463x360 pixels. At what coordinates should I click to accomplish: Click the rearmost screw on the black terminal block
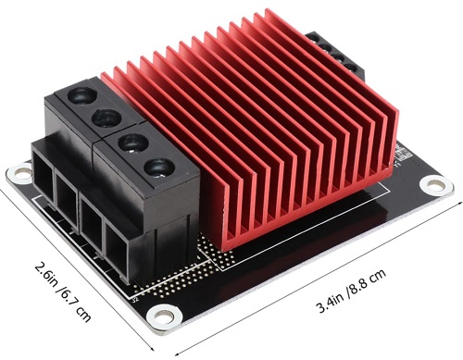(80, 96)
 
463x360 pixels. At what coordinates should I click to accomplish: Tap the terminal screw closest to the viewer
(158, 168)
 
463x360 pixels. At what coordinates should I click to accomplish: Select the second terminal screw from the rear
(106, 118)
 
